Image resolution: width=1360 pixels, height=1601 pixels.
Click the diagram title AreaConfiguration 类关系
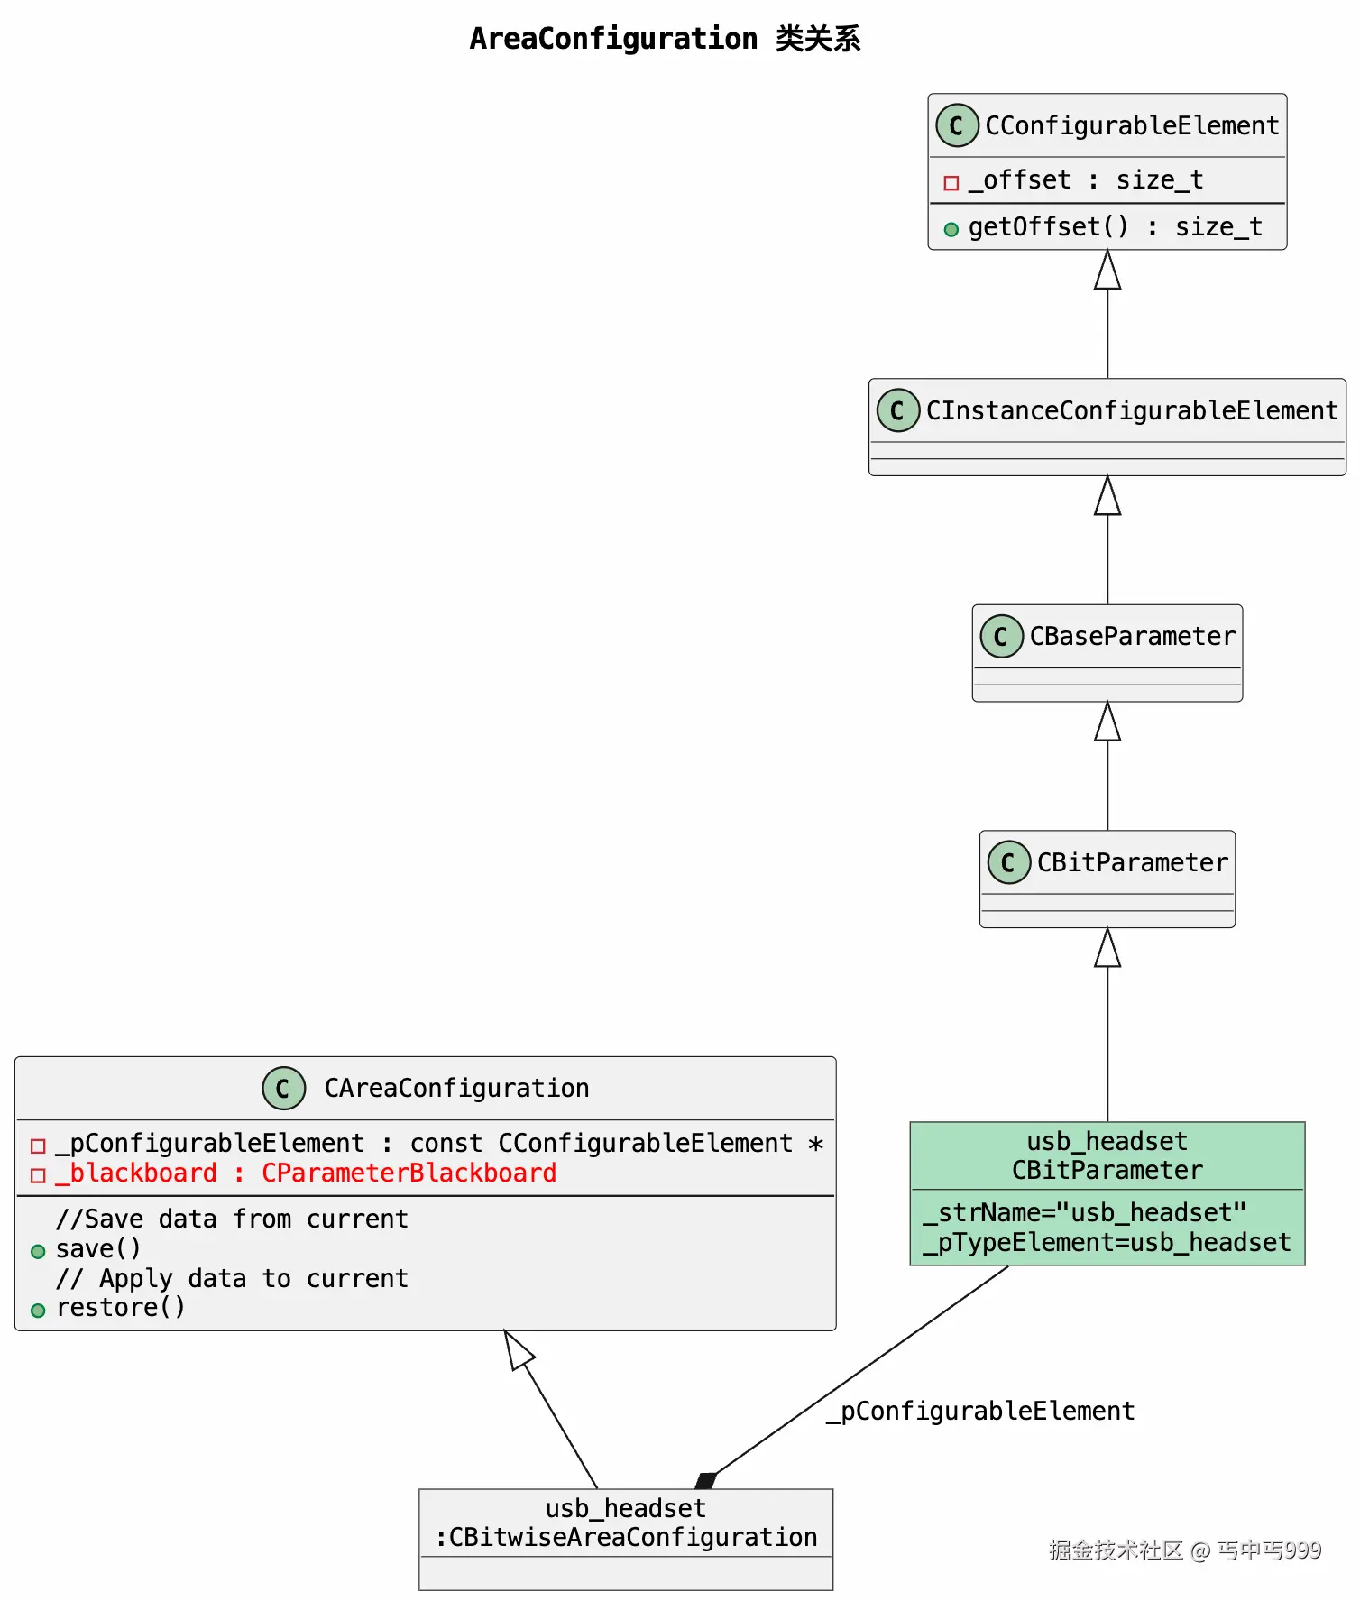point(665,39)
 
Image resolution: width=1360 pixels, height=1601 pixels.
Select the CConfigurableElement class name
point(1132,125)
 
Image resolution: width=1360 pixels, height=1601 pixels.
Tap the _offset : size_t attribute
point(1086,180)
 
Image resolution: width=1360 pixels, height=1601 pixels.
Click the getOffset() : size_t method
point(1115,226)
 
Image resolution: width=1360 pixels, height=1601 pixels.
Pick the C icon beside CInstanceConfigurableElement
point(898,410)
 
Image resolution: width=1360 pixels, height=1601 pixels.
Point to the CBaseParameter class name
point(1132,636)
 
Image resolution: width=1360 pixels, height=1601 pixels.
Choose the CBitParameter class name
point(1132,862)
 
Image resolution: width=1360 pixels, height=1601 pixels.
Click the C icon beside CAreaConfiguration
point(284,1088)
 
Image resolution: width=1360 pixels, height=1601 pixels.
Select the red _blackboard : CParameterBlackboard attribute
point(306,1173)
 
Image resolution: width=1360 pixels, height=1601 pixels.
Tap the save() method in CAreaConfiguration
point(98,1248)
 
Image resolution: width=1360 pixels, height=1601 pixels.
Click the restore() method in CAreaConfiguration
point(120,1307)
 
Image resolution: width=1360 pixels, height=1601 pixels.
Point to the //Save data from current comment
point(232,1219)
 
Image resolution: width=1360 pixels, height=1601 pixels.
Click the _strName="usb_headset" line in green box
point(1084,1212)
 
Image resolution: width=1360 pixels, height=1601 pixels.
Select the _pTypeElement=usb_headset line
point(1107,1242)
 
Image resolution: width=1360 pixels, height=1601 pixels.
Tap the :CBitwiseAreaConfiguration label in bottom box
point(626,1537)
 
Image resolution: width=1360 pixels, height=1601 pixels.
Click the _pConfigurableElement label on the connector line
point(980,1411)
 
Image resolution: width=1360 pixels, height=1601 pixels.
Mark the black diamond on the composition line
point(706,1480)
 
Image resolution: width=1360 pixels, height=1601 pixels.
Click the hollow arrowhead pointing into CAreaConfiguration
point(519,1349)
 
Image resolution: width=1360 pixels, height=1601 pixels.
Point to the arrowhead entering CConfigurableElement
point(1107,270)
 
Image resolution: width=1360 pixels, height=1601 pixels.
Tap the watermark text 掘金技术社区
point(1116,1550)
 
